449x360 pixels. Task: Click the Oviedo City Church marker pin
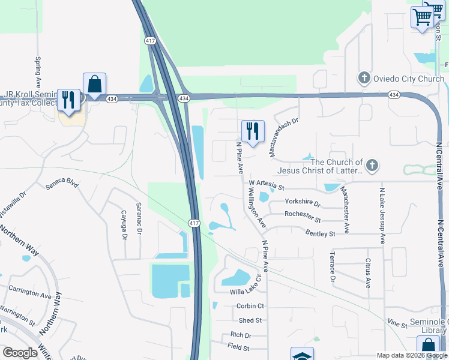tap(364, 78)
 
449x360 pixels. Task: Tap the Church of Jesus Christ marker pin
tap(372, 165)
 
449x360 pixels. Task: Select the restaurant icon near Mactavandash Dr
tap(253, 131)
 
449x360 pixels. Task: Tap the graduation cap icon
tap(302, 355)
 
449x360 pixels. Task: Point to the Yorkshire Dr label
tap(303, 202)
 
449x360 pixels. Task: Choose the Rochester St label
tap(303, 213)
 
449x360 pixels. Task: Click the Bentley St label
tap(320, 233)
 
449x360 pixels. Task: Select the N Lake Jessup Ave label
tap(382, 215)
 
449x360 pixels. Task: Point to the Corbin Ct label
tap(250, 306)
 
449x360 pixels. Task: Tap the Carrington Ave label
tap(30, 292)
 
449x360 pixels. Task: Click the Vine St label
tap(397, 324)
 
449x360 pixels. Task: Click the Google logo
tap(20, 353)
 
